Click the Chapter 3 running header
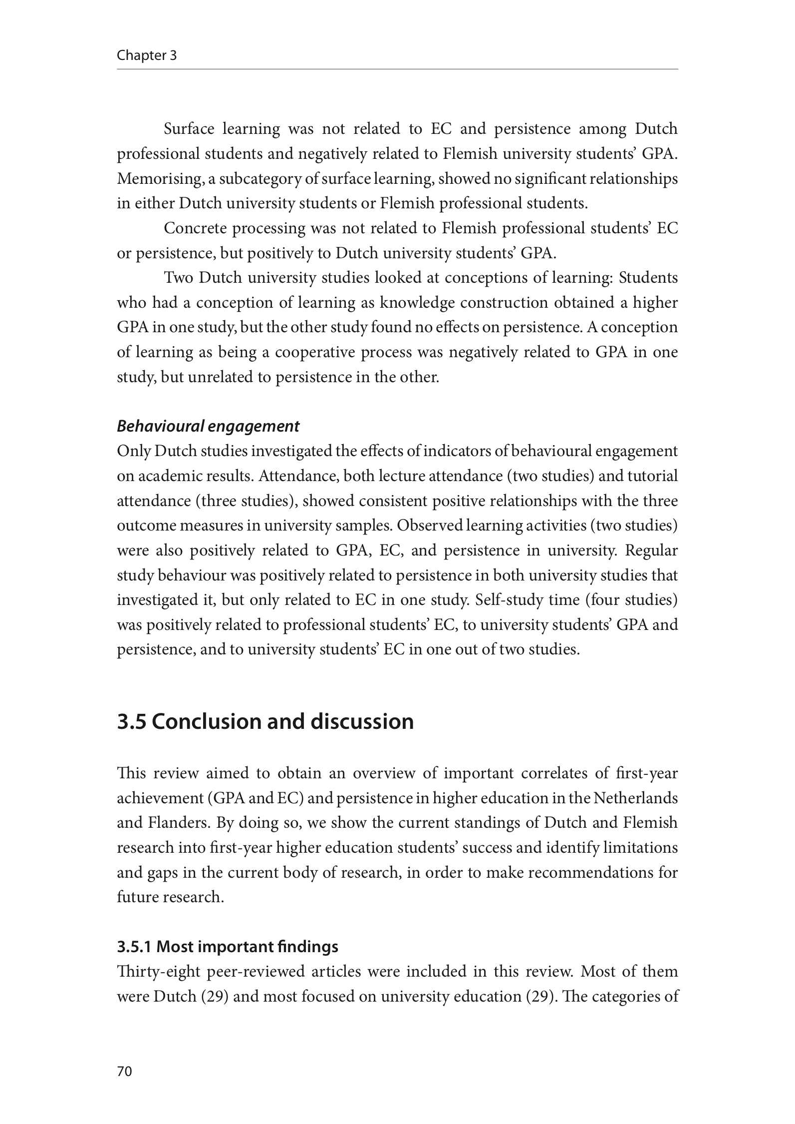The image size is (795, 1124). click(x=147, y=55)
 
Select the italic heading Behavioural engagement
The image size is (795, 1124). click(x=208, y=426)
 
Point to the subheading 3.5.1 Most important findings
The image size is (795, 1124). click(x=227, y=947)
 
